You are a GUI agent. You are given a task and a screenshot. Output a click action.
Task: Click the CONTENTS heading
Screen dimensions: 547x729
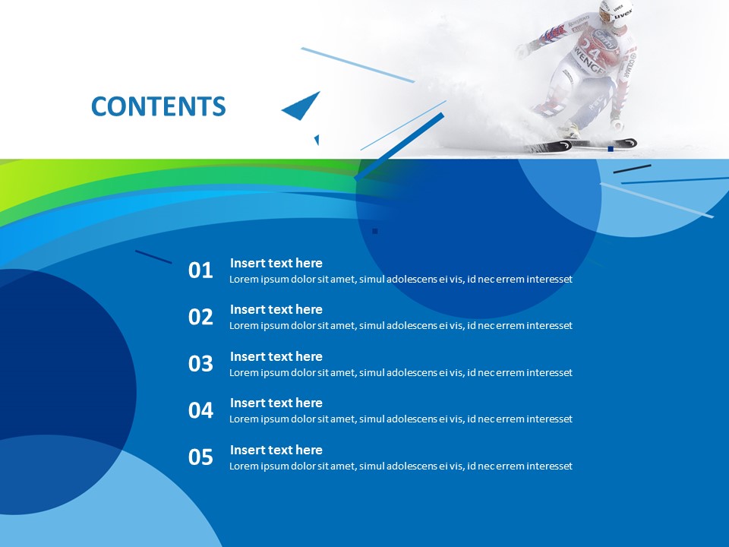click(158, 107)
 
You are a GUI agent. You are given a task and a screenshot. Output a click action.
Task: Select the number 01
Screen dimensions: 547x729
click(200, 270)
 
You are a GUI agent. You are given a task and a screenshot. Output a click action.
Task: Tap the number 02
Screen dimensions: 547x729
click(200, 317)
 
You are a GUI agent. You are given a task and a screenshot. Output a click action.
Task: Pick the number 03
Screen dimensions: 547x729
click(200, 364)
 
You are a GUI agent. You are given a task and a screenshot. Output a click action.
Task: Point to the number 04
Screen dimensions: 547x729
click(200, 410)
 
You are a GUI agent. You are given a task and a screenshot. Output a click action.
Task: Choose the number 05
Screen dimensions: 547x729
click(200, 457)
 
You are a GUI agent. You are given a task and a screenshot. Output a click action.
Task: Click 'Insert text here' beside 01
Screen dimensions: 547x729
click(276, 263)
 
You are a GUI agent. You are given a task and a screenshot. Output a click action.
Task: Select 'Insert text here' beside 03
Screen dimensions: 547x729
click(276, 356)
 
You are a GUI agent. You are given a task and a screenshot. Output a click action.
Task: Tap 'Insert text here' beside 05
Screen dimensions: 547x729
click(276, 450)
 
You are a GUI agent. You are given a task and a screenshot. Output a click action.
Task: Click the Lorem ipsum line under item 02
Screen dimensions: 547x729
click(400, 326)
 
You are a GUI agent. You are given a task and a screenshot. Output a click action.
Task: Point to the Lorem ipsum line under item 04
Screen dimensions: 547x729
click(400, 419)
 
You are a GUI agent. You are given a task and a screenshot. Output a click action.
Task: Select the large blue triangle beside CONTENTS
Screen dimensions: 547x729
click(302, 107)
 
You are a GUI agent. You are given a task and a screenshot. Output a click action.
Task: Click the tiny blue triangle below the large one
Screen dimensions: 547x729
click(317, 140)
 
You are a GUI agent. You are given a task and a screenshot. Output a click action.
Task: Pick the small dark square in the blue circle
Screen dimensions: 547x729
click(374, 231)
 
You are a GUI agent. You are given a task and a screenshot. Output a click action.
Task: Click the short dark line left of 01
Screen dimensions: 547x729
click(153, 257)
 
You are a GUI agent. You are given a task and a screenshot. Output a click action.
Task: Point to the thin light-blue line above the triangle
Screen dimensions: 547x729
click(357, 65)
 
